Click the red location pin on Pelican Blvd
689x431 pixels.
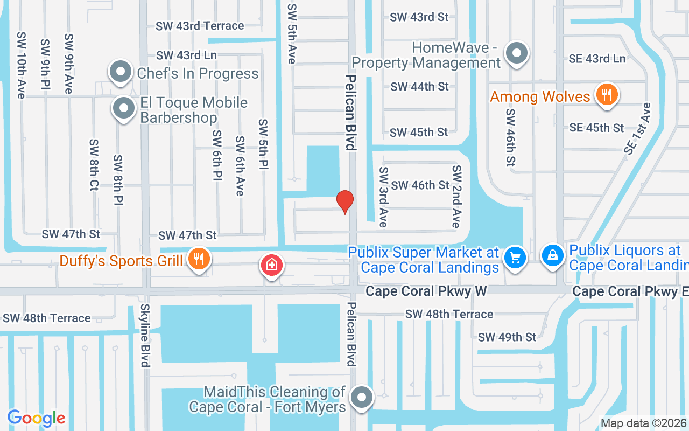pos(345,202)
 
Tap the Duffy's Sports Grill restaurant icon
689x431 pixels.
pos(199,260)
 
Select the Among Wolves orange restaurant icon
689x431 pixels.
pos(607,95)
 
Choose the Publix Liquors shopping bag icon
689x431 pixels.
pos(552,256)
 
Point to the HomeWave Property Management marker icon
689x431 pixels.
pos(517,54)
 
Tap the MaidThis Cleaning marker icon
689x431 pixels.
pos(362,398)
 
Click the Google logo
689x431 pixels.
pos(37,418)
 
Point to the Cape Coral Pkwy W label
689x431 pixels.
pos(426,291)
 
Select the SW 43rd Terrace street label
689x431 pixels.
pos(200,26)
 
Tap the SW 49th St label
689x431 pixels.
pos(507,337)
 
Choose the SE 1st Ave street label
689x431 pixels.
pos(638,129)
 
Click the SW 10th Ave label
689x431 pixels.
pos(21,65)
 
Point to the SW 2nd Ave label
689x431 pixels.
pos(456,196)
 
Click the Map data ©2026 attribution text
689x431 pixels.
pos(644,423)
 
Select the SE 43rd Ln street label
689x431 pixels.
pos(597,59)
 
